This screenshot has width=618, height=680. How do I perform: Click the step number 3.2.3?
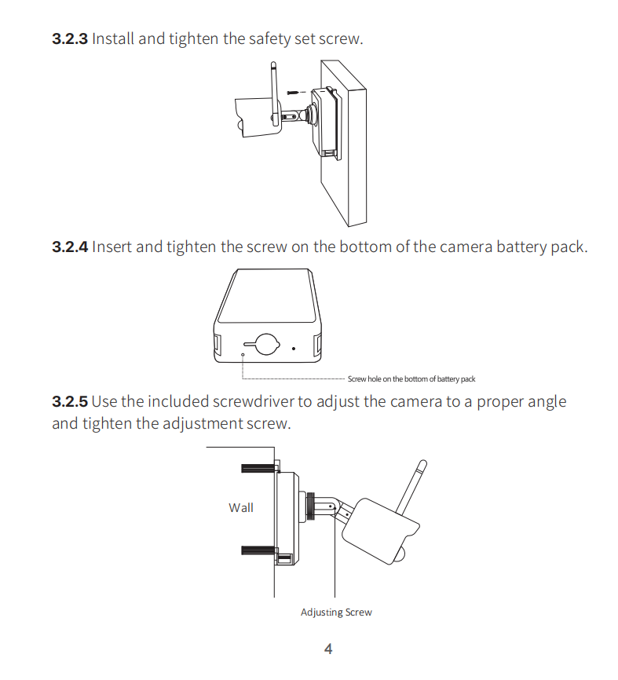pos(70,38)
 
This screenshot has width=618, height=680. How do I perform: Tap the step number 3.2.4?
pos(70,247)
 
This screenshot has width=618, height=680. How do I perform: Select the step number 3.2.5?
pos(70,401)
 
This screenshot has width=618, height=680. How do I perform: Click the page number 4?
pos(328,649)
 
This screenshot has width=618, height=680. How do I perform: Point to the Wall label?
pos(241,507)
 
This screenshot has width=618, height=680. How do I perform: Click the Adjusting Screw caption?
pos(336,612)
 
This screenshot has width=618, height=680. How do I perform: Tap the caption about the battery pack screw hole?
pos(411,379)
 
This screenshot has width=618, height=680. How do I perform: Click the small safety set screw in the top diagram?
pos(293,93)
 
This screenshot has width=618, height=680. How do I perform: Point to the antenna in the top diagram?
pos(274,93)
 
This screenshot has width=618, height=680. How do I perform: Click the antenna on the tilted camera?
pos(412,487)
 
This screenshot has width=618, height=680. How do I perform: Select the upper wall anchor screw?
pos(258,468)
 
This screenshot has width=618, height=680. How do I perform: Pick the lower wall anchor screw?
pos(258,550)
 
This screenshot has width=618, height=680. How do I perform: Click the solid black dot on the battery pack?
pos(294,348)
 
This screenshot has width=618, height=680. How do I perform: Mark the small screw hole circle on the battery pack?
pos(243,355)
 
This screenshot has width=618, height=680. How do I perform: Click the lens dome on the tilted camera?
pos(400,555)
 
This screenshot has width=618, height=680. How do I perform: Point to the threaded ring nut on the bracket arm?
pos(310,506)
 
